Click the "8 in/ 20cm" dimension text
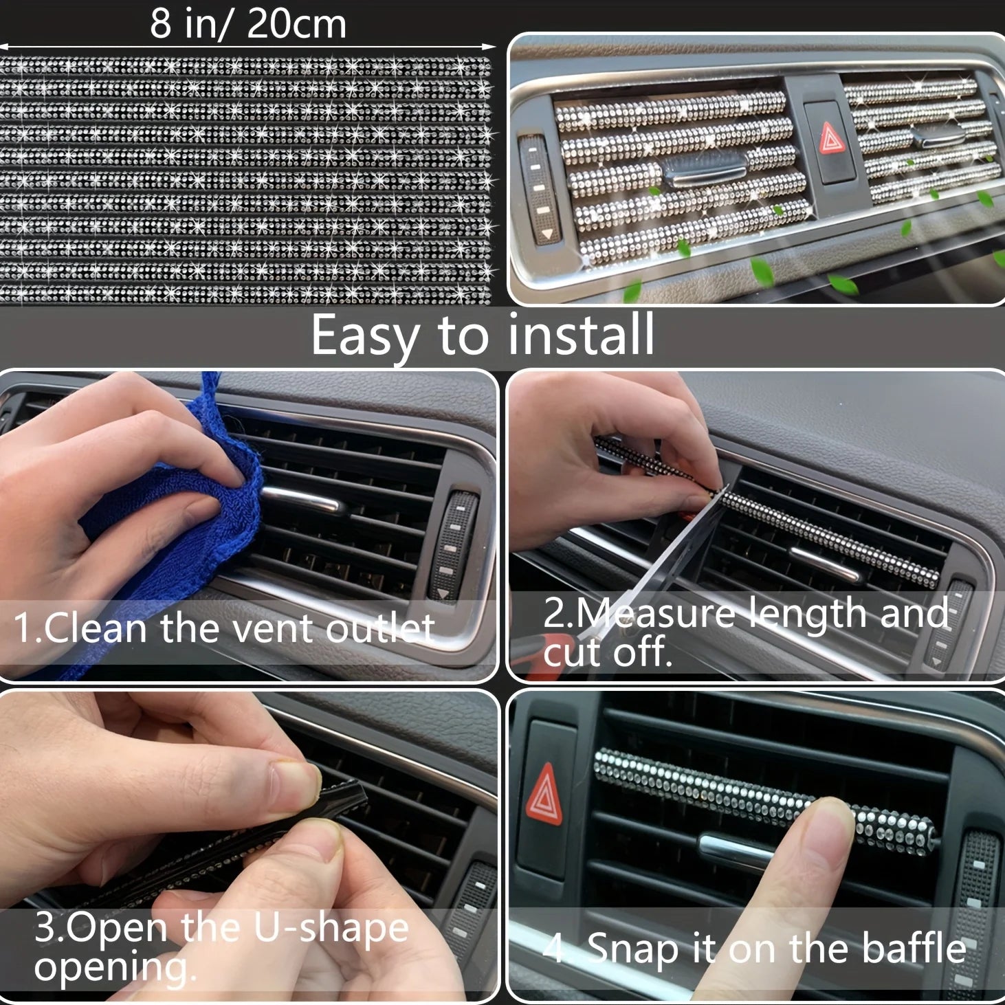248,24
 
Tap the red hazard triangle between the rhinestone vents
831,137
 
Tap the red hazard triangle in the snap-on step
544,795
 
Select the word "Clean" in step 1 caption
95,628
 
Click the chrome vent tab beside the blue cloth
300,500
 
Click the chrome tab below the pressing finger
736,851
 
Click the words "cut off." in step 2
608,652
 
